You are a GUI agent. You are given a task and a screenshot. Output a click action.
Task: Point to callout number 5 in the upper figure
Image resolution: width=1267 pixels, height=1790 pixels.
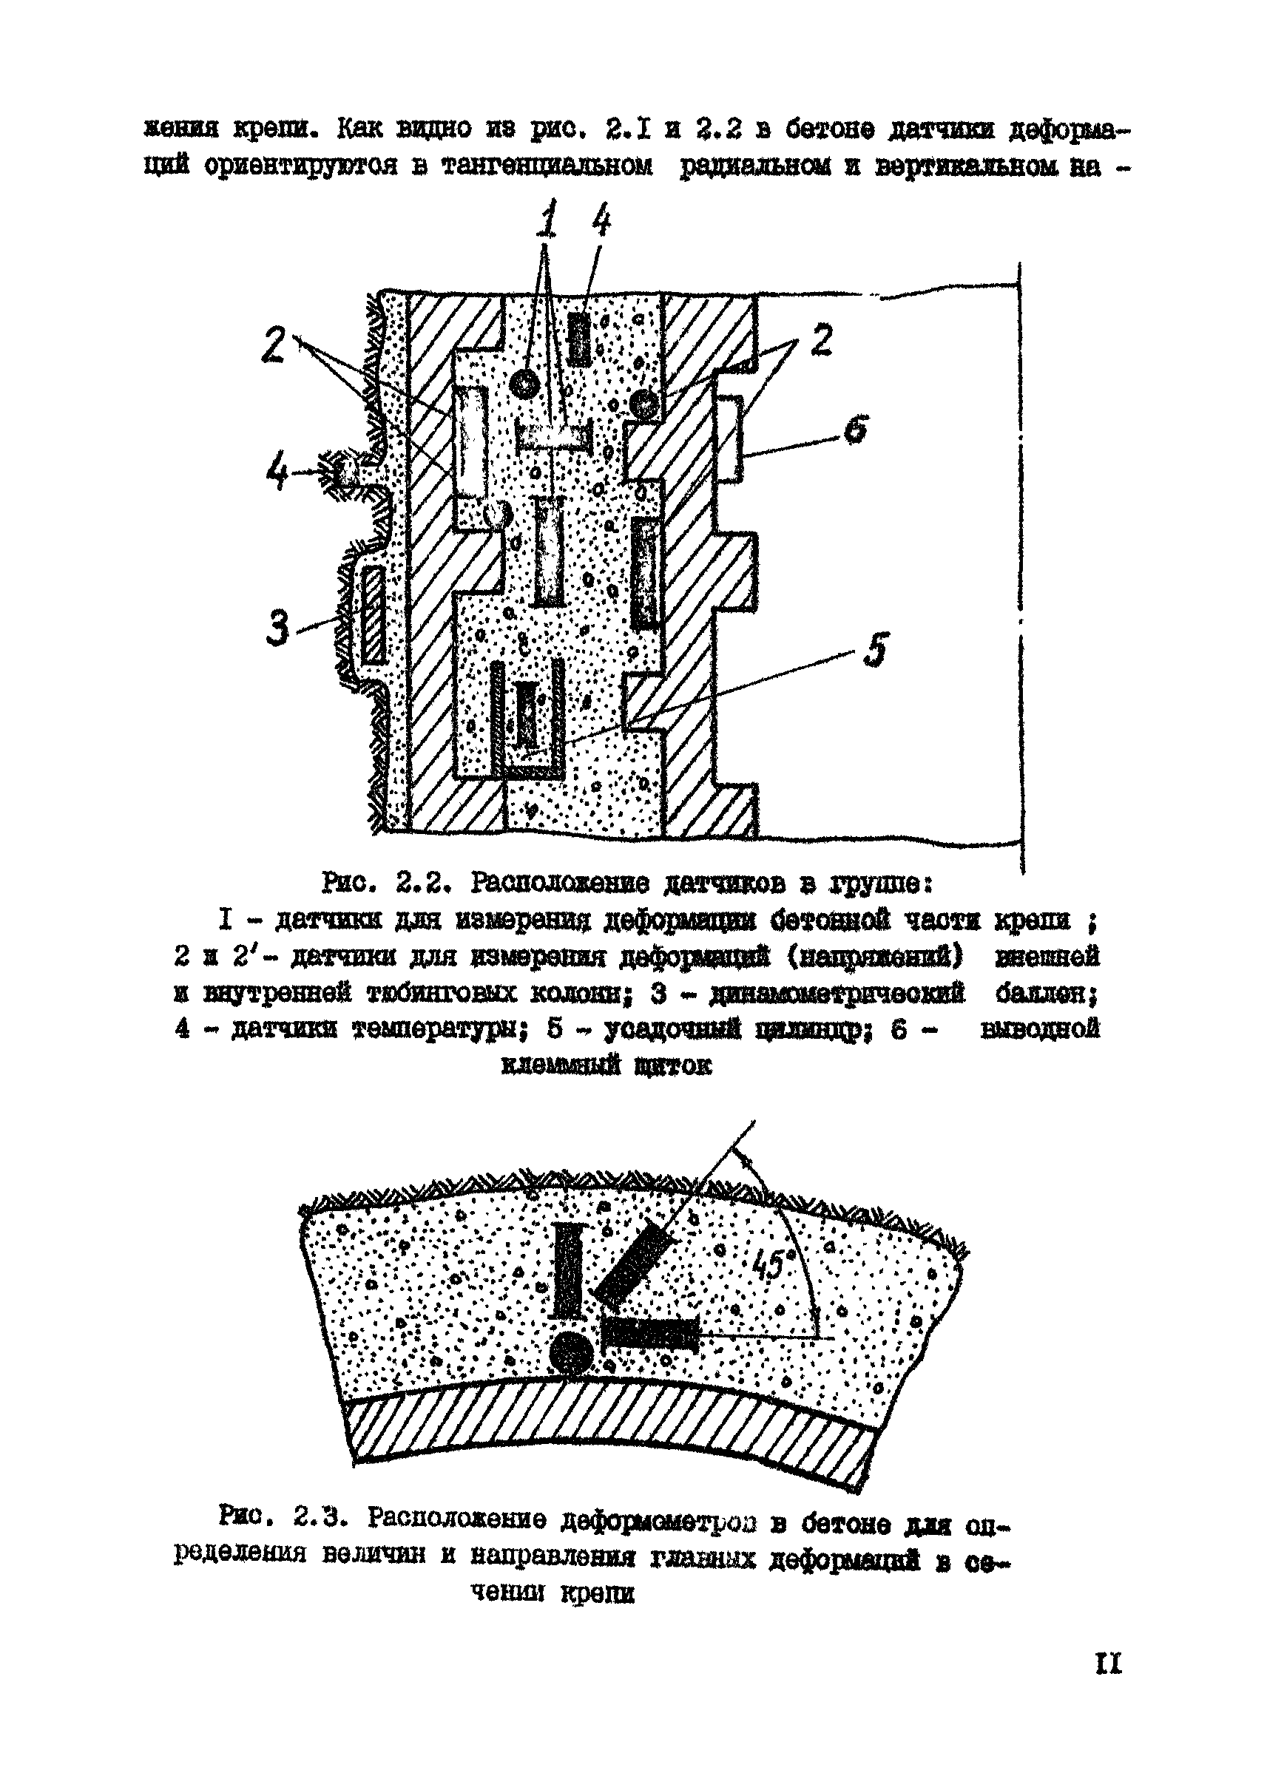pos(877,648)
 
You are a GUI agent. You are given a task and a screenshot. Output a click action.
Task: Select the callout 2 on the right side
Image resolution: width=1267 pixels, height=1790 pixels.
pos(822,341)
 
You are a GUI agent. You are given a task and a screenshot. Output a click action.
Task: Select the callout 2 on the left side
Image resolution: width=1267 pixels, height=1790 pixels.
pos(273,345)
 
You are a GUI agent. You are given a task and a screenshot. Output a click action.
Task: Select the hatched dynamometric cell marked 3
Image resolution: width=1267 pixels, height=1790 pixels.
pos(374,616)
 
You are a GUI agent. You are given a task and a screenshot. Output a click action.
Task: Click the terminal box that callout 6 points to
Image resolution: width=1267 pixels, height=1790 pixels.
pos(729,439)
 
